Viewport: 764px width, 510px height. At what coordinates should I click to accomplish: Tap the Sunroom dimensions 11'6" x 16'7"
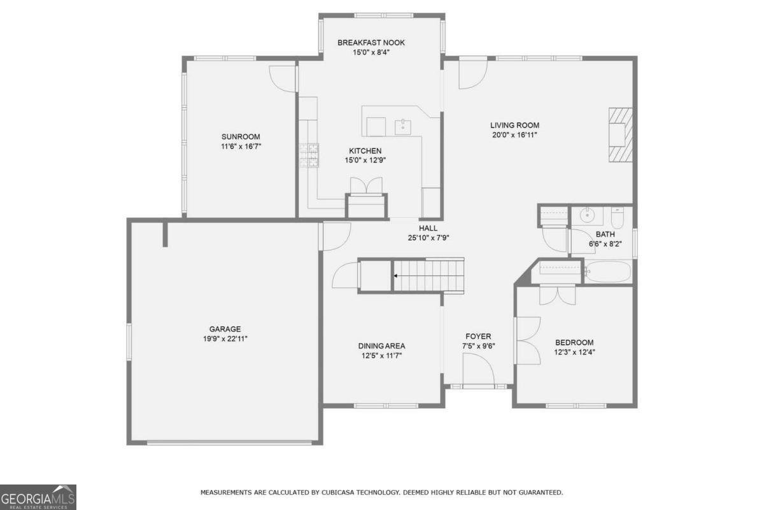click(x=241, y=147)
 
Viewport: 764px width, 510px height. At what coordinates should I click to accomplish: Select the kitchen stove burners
click(x=309, y=155)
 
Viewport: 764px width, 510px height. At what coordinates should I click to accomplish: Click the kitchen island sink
click(x=404, y=126)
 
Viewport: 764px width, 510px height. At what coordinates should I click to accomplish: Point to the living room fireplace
click(x=620, y=136)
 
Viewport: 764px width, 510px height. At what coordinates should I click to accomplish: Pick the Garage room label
click(x=225, y=330)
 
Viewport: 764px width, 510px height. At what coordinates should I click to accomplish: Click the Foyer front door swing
click(x=478, y=370)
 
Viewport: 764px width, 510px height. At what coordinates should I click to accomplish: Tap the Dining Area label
click(x=381, y=346)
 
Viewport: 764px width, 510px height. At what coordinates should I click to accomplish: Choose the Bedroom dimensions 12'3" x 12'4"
click(x=574, y=352)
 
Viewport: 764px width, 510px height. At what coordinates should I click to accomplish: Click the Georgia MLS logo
click(x=38, y=497)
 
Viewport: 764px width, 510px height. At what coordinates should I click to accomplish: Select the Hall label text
click(x=428, y=228)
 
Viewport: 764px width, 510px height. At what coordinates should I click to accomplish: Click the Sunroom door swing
click(x=283, y=78)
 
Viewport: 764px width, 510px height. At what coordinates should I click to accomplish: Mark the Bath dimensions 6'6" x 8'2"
click(x=605, y=244)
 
